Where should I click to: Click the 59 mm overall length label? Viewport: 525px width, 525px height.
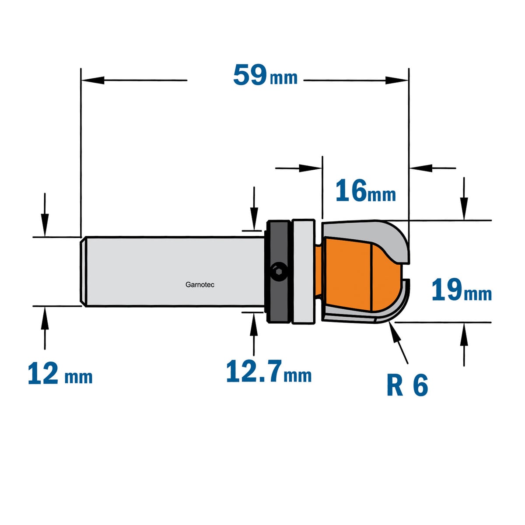pos(265,75)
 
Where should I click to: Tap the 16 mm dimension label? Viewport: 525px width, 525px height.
pos(366,191)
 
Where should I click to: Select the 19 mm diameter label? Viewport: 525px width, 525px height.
pos(462,290)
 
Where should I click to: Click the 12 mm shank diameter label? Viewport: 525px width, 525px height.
pos(60,373)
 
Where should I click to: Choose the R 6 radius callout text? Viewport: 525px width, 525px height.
pos(407,385)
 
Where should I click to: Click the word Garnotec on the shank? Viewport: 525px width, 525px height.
pos(199,285)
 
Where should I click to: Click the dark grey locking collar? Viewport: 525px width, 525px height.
pos(278,272)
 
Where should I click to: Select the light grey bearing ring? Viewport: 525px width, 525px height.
pos(303,272)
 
